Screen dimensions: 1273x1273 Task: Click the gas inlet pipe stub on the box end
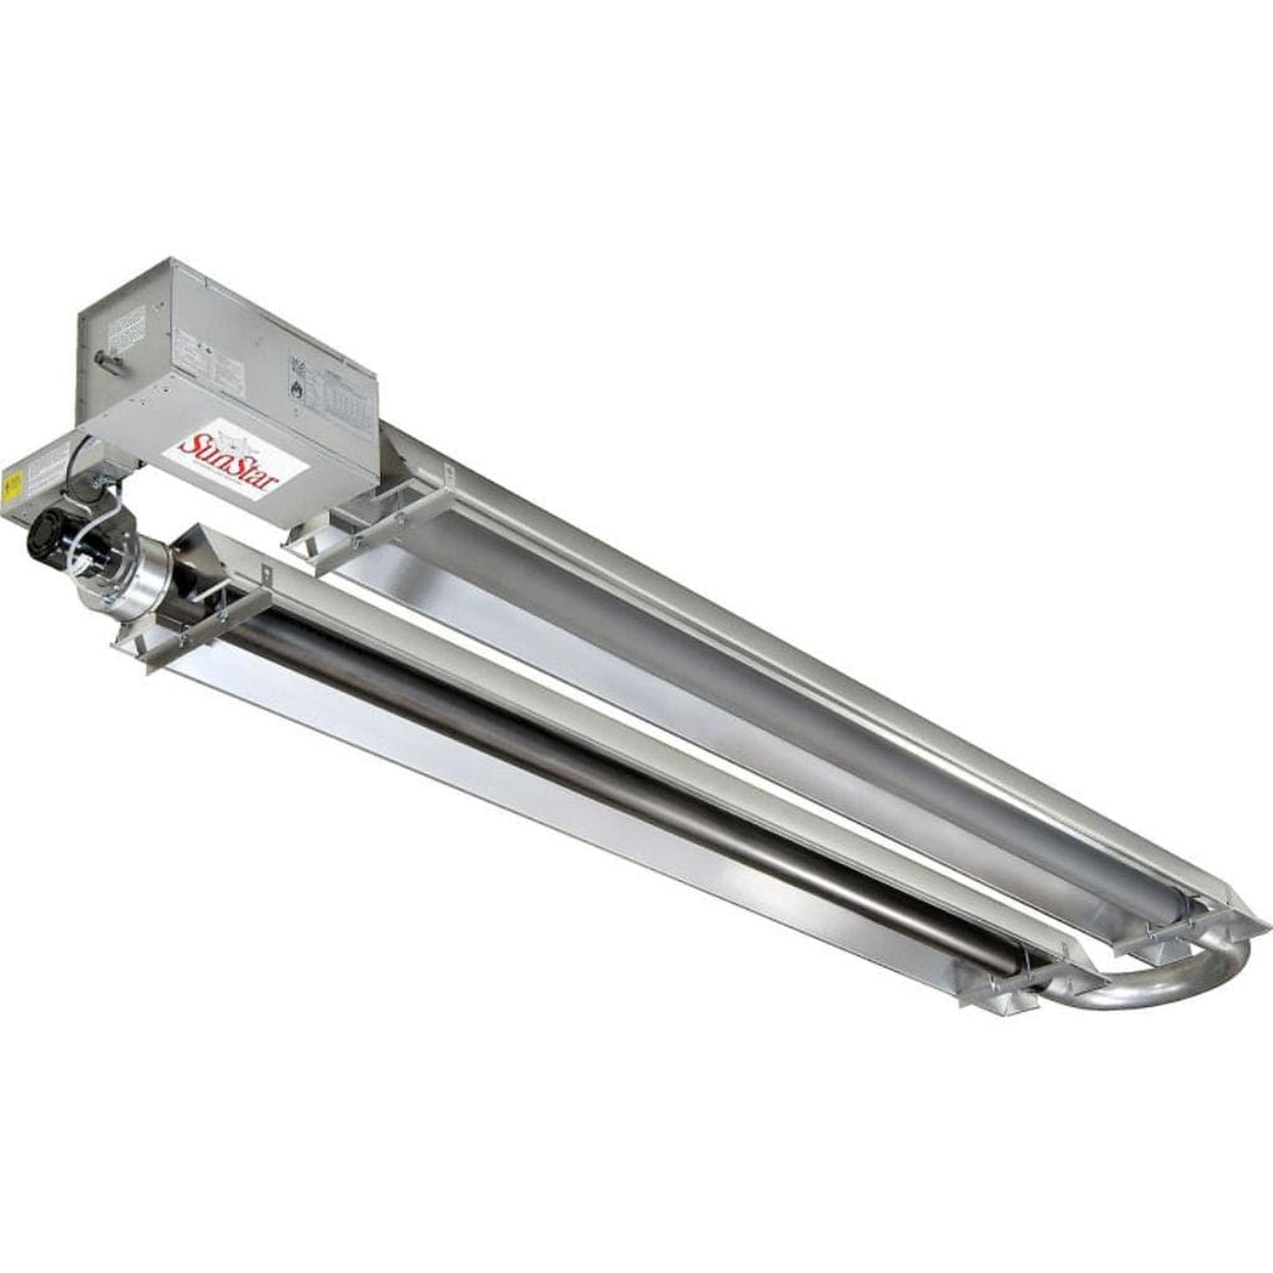107,359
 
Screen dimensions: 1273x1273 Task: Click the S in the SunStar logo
189,446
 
